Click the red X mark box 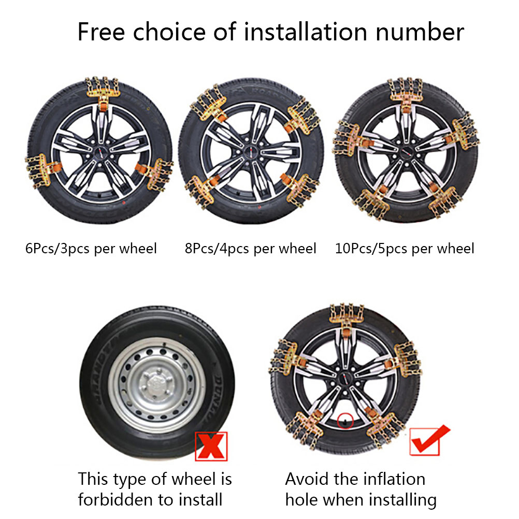click(x=211, y=446)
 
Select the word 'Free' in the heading click(x=102, y=32)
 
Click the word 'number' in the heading click(x=420, y=32)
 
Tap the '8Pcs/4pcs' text click(x=217, y=249)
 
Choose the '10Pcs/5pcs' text click(x=371, y=249)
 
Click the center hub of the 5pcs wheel click(x=407, y=153)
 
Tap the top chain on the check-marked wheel click(x=347, y=318)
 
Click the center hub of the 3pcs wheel click(x=100, y=152)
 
